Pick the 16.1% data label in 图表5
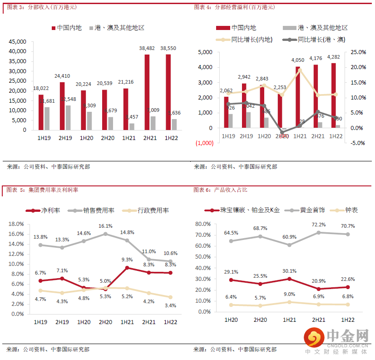pyautogui.click(x=105, y=225)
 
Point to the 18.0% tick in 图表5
pyautogui.click(x=16, y=224)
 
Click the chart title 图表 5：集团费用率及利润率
pyautogui.click(x=39, y=190)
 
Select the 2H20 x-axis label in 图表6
pyautogui.click(x=260, y=320)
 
